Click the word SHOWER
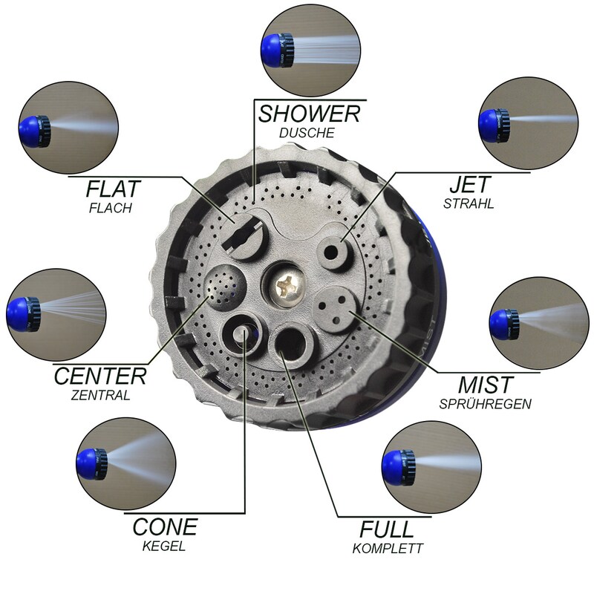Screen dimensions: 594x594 pyautogui.click(x=309, y=114)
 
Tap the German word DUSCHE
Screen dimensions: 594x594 pyautogui.click(x=307, y=133)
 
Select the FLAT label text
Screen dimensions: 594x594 pyautogui.click(x=114, y=189)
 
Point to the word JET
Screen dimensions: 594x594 pyautogui.click(x=470, y=184)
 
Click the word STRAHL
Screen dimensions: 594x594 pyautogui.click(x=469, y=203)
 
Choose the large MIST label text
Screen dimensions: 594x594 pyautogui.click(x=486, y=385)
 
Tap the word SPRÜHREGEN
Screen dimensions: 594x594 pyautogui.click(x=486, y=404)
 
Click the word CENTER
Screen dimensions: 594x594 pyautogui.click(x=100, y=376)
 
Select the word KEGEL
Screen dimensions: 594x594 pyautogui.click(x=164, y=546)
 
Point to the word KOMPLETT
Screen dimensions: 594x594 pyautogui.click(x=387, y=548)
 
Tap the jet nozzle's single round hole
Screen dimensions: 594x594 pyautogui.click(x=331, y=252)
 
